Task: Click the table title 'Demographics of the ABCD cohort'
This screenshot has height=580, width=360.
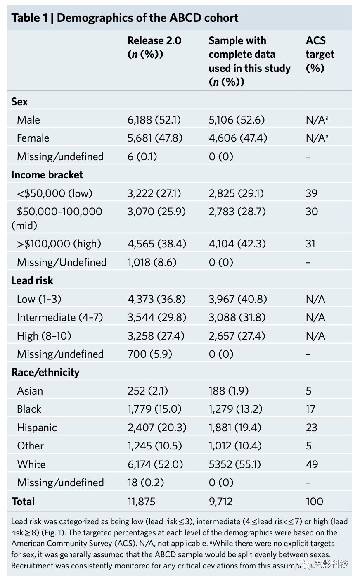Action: (147, 18)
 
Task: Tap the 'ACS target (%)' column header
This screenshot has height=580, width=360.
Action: (320, 54)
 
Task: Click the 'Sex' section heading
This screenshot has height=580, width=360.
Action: (19, 102)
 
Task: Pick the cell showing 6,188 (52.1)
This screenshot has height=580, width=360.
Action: (154, 120)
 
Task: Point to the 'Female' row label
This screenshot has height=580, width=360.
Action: (33, 138)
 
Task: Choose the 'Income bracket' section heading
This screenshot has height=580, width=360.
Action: (47, 175)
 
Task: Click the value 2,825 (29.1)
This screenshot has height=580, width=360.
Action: (236, 193)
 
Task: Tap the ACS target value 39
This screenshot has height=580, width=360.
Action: (312, 193)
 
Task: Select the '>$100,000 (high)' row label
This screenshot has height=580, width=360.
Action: (59, 244)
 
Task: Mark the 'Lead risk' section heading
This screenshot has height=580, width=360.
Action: (32, 280)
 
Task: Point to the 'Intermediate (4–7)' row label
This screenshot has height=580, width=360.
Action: (60, 317)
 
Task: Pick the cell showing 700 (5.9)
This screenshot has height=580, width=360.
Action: (149, 354)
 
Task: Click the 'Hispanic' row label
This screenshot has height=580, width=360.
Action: (37, 428)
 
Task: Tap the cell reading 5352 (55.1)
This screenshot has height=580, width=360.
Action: (234, 464)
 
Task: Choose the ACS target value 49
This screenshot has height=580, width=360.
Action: (312, 464)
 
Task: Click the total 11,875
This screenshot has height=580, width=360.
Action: (141, 502)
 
